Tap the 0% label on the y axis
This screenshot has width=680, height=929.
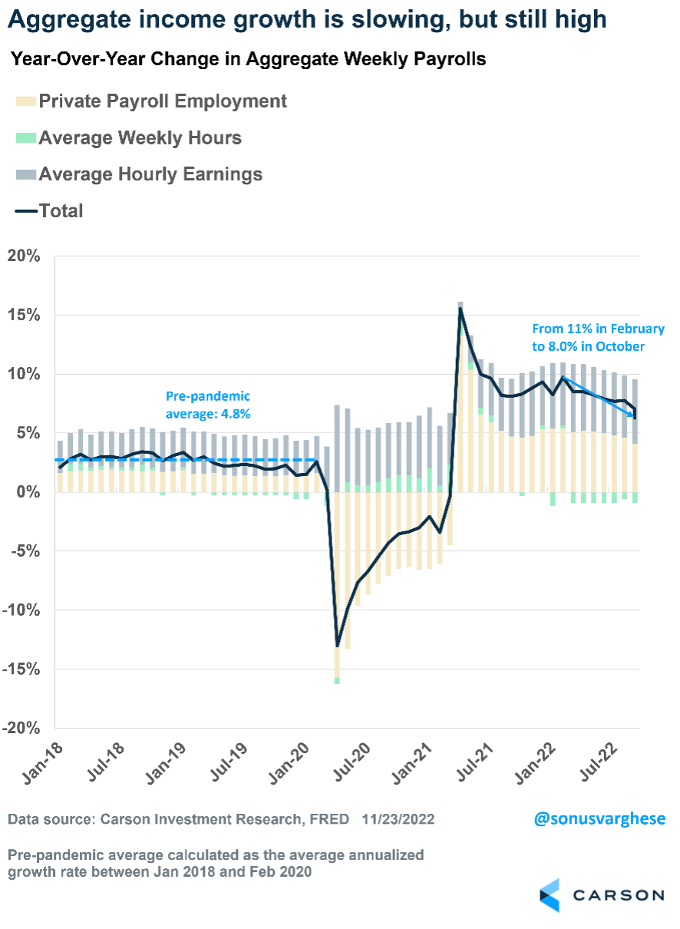pyautogui.click(x=29, y=492)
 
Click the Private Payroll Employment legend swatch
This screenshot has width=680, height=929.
pyautogui.click(x=25, y=101)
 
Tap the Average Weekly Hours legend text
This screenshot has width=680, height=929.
pyautogui.click(x=140, y=138)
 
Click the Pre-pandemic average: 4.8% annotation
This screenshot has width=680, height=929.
pyautogui.click(x=208, y=405)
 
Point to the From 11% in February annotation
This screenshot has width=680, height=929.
pyautogui.click(x=598, y=329)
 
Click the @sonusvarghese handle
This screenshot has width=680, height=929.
pyautogui.click(x=599, y=818)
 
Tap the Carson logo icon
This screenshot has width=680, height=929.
pyautogui.click(x=549, y=895)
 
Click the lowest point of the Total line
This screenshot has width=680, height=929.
pyautogui.click(x=337, y=646)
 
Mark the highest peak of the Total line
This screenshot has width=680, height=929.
pyautogui.click(x=460, y=308)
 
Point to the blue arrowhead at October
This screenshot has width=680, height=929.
pyautogui.click(x=633, y=415)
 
